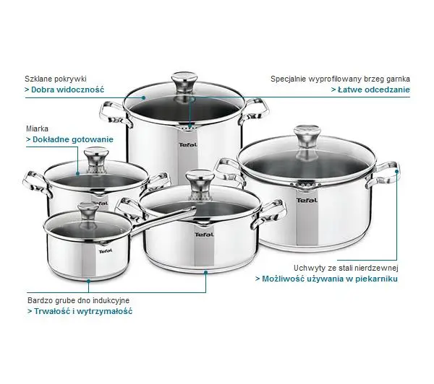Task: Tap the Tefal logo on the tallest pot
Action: pyautogui.click(x=188, y=145)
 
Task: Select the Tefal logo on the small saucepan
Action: pyautogui.click(x=106, y=251)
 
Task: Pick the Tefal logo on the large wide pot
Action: pyautogui.click(x=307, y=200)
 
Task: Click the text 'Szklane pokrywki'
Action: pyautogui.click(x=56, y=79)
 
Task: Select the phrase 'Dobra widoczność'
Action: pyautogui.click(x=67, y=90)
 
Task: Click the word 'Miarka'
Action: pyautogui.click(x=37, y=128)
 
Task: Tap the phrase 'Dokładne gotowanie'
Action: pyautogui.click(x=73, y=139)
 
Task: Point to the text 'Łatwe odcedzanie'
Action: pyautogui.click(x=374, y=90)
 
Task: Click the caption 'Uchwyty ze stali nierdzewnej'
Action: pyautogui.click(x=346, y=268)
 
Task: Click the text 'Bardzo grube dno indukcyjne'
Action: pyautogui.click(x=78, y=300)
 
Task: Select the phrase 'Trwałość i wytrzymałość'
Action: pyautogui.click(x=83, y=311)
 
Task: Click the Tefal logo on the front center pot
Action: pyautogui.click(x=204, y=235)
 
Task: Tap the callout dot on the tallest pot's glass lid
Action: pyautogui.click(x=144, y=97)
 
